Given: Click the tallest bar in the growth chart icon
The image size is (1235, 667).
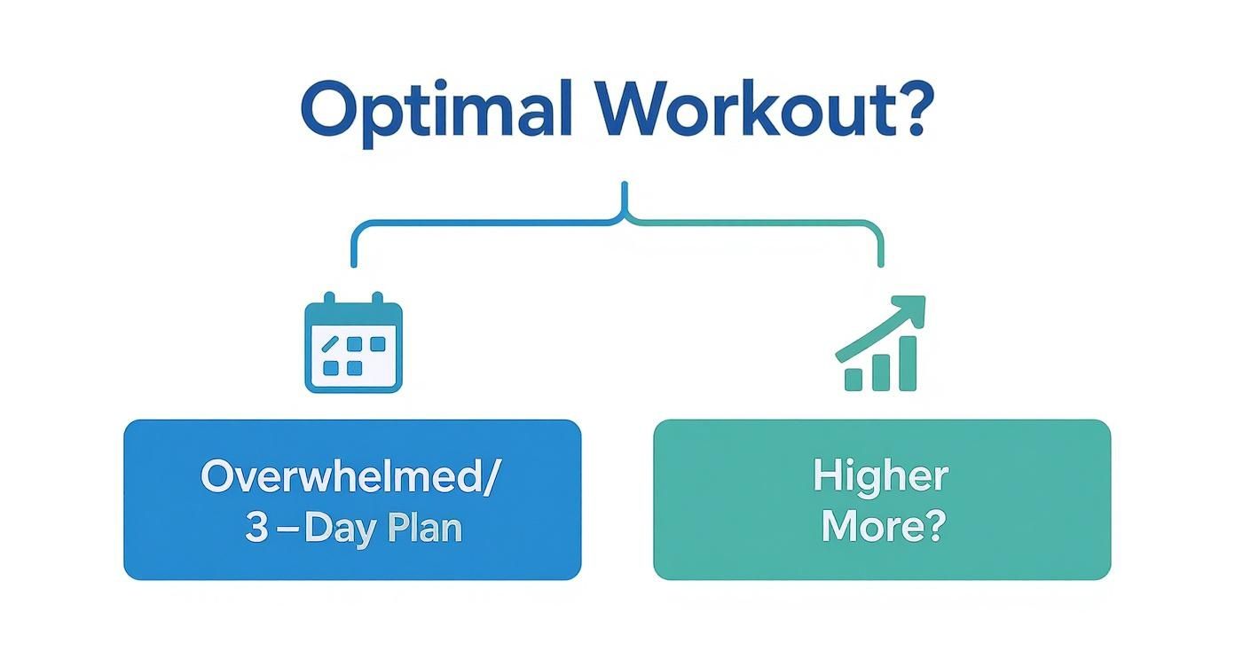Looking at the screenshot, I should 907,364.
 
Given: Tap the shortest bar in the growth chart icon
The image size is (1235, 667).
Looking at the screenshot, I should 853,379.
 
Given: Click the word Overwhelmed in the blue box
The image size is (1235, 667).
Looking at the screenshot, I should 341,476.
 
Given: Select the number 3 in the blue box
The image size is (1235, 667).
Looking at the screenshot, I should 256,528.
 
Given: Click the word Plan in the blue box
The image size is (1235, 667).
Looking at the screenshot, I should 424,528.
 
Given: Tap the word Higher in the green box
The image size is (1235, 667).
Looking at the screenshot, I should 880,476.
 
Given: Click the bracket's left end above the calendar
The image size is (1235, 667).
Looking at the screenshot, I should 354,262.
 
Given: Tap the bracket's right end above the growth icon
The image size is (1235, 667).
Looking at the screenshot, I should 880,262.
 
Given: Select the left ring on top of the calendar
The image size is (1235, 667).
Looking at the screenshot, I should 327,300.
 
